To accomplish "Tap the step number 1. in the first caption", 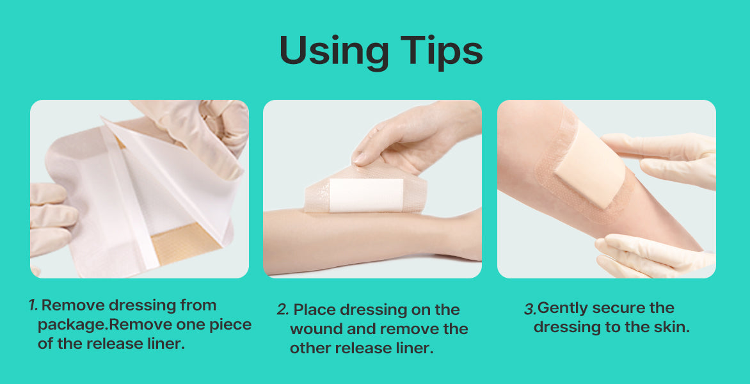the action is [33, 305].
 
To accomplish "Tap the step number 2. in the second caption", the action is [283, 309].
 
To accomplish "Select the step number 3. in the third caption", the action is [531, 308].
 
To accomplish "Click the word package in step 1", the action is [73, 325].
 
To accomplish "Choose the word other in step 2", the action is [312, 348].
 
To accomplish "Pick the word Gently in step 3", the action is [564, 308].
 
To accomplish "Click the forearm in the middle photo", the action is [372, 240].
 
